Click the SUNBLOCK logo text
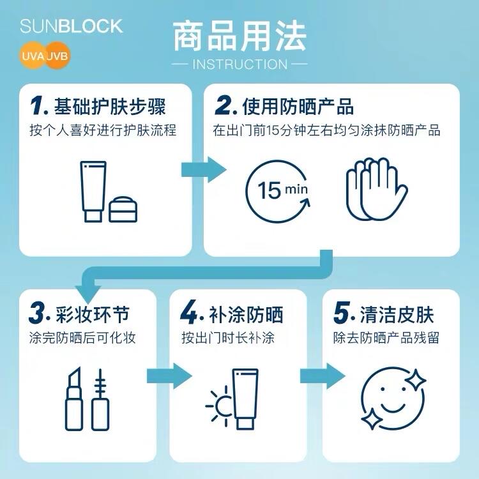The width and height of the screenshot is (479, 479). click(71, 26)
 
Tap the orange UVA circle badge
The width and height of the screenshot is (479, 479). click(33, 56)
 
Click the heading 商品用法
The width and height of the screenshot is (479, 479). click(240, 36)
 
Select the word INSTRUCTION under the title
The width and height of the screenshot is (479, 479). click(240, 65)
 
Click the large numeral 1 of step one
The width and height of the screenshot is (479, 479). click(38, 105)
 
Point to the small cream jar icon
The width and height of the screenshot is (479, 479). click(123, 209)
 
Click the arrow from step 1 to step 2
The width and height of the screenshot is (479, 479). click(204, 169)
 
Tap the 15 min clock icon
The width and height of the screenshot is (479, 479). click(277, 192)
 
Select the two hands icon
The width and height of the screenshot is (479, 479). click(377, 189)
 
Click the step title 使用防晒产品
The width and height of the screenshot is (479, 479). click(298, 107)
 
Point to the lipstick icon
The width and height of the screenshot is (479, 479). click(74, 399)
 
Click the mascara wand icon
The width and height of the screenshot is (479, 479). click(100, 400)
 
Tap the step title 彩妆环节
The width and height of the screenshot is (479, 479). click(93, 314)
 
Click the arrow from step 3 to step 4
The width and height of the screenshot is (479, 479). click(169, 376)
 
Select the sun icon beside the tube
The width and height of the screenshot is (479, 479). click(218, 406)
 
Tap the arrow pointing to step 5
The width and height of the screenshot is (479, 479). click(323, 376)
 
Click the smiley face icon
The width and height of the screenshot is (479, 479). click(393, 399)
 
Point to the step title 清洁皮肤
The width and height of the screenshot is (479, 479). click(397, 314)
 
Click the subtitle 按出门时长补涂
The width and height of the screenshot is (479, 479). click(228, 338)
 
